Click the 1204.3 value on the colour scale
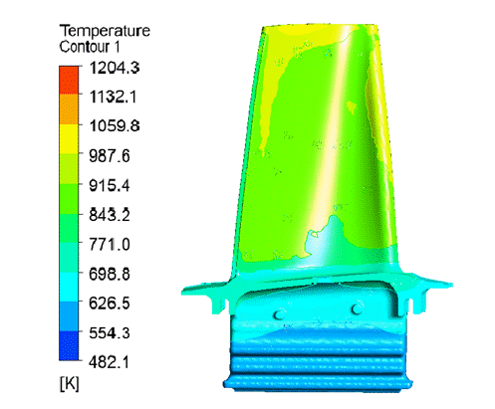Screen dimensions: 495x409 tap(115, 68)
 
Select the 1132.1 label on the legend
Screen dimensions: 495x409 tap(113, 97)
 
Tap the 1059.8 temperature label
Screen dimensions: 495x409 tap(115, 126)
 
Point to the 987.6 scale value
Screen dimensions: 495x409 tap(110, 156)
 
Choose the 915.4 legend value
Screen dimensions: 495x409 tap(110, 185)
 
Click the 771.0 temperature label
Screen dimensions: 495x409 tap(110, 245)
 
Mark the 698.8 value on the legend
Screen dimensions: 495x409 tap(110, 274)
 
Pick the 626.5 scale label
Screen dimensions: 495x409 tap(110, 304)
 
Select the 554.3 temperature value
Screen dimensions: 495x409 tap(110, 332)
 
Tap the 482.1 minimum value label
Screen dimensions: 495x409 tap(109, 362)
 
